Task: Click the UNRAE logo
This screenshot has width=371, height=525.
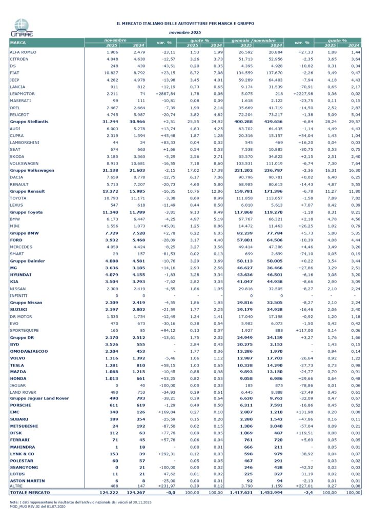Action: (22, 27)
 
